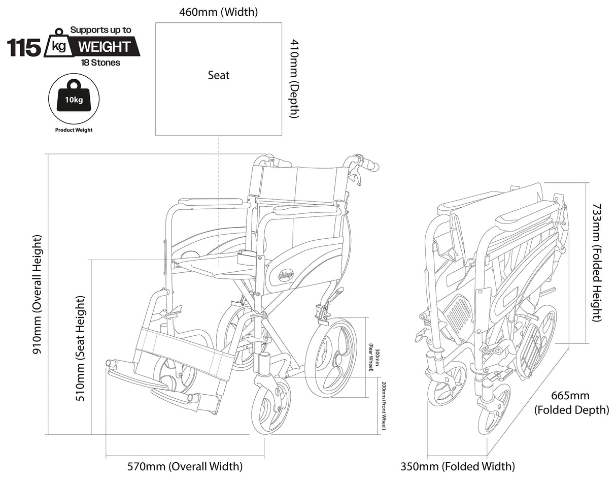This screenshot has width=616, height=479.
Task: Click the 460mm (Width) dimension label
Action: point(218,12)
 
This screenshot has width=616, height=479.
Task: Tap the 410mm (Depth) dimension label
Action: point(294,79)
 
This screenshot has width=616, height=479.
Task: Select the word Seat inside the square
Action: point(219,75)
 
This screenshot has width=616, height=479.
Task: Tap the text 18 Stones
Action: point(100,63)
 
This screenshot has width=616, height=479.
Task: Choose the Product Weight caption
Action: point(74,130)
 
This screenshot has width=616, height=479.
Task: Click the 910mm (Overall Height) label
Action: point(38,295)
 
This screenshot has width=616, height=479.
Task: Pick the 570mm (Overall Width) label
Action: point(185,466)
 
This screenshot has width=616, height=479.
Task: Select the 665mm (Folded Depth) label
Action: point(571,402)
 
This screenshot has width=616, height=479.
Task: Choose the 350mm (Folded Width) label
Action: point(458,466)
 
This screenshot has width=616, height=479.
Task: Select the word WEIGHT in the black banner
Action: point(104,47)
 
